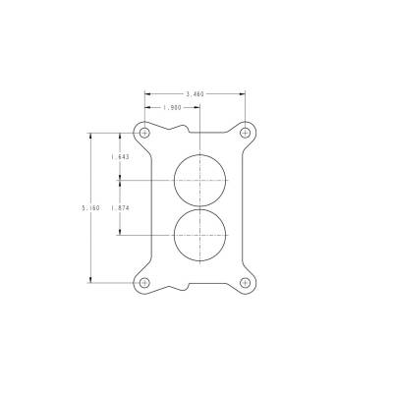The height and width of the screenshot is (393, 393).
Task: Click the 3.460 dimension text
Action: (x=195, y=93)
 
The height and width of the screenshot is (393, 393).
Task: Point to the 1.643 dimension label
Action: (x=121, y=156)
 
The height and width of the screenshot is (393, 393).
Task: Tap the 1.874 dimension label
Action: (x=121, y=207)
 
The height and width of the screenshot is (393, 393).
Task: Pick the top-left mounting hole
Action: (x=144, y=132)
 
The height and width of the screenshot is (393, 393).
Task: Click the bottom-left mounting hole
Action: (x=144, y=283)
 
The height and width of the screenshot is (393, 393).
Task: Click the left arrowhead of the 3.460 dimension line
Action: (x=146, y=93)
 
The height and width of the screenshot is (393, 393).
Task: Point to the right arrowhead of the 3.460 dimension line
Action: (x=243, y=93)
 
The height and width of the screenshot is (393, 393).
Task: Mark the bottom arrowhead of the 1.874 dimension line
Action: (x=121, y=233)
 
